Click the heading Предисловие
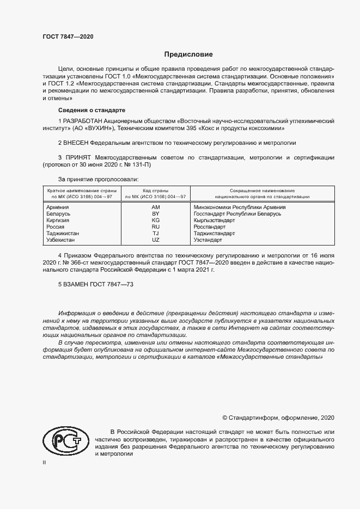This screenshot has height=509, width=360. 189,54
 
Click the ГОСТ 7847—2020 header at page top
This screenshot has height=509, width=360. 68,36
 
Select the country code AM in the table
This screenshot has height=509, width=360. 156,207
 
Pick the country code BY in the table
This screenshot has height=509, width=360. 156,214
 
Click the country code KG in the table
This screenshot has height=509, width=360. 156,220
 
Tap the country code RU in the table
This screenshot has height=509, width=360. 156,226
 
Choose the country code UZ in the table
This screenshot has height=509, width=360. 156,240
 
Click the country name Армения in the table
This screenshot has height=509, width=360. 58,207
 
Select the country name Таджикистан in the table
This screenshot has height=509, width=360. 63,233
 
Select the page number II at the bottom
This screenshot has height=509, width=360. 45,462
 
